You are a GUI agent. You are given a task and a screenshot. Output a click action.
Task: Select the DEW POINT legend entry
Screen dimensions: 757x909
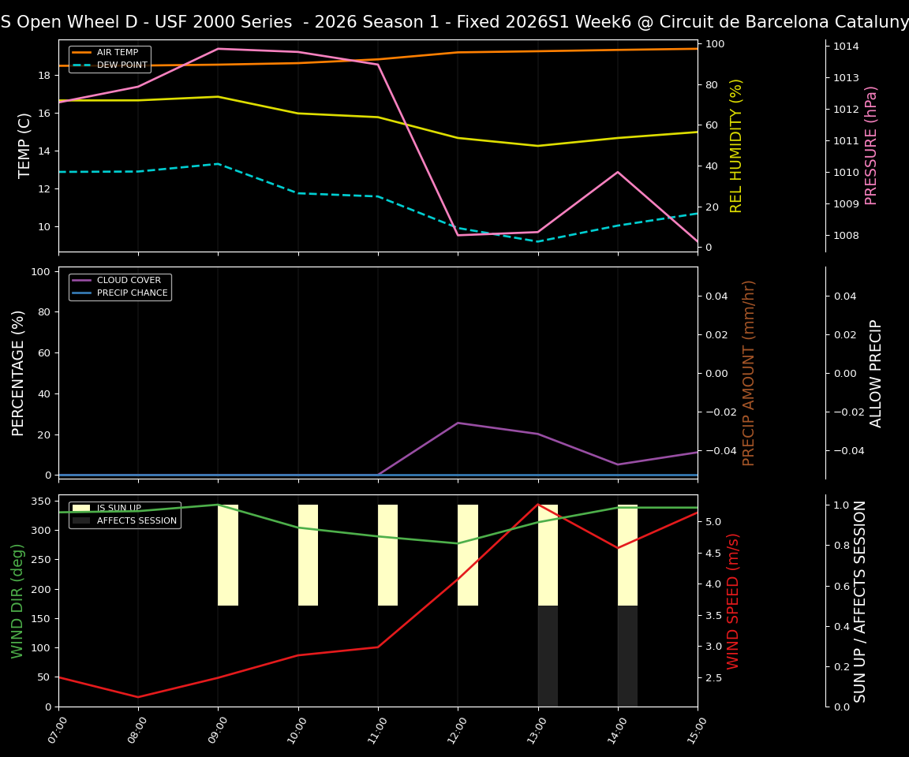122,65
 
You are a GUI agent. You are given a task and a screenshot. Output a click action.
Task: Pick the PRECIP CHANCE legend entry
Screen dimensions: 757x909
132,293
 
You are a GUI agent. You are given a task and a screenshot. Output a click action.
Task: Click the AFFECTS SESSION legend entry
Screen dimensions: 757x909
136,520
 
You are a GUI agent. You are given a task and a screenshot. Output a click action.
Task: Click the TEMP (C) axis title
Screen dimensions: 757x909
25,145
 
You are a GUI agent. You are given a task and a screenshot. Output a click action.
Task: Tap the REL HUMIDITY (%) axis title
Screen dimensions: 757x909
736,145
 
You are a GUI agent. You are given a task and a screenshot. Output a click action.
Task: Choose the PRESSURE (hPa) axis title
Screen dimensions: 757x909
871,145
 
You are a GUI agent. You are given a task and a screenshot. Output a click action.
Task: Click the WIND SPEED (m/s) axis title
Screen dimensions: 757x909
734,601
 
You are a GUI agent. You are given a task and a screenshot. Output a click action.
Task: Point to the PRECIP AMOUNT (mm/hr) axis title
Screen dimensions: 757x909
749,372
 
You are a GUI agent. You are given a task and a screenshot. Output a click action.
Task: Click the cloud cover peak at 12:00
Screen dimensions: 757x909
458,423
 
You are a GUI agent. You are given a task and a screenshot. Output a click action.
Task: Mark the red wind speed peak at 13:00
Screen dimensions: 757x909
538,505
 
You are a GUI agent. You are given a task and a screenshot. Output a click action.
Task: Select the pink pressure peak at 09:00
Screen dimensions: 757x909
219,49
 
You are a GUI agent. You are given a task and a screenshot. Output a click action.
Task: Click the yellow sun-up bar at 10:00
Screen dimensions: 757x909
308,555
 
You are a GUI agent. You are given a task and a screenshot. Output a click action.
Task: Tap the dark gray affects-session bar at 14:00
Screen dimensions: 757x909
627,656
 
